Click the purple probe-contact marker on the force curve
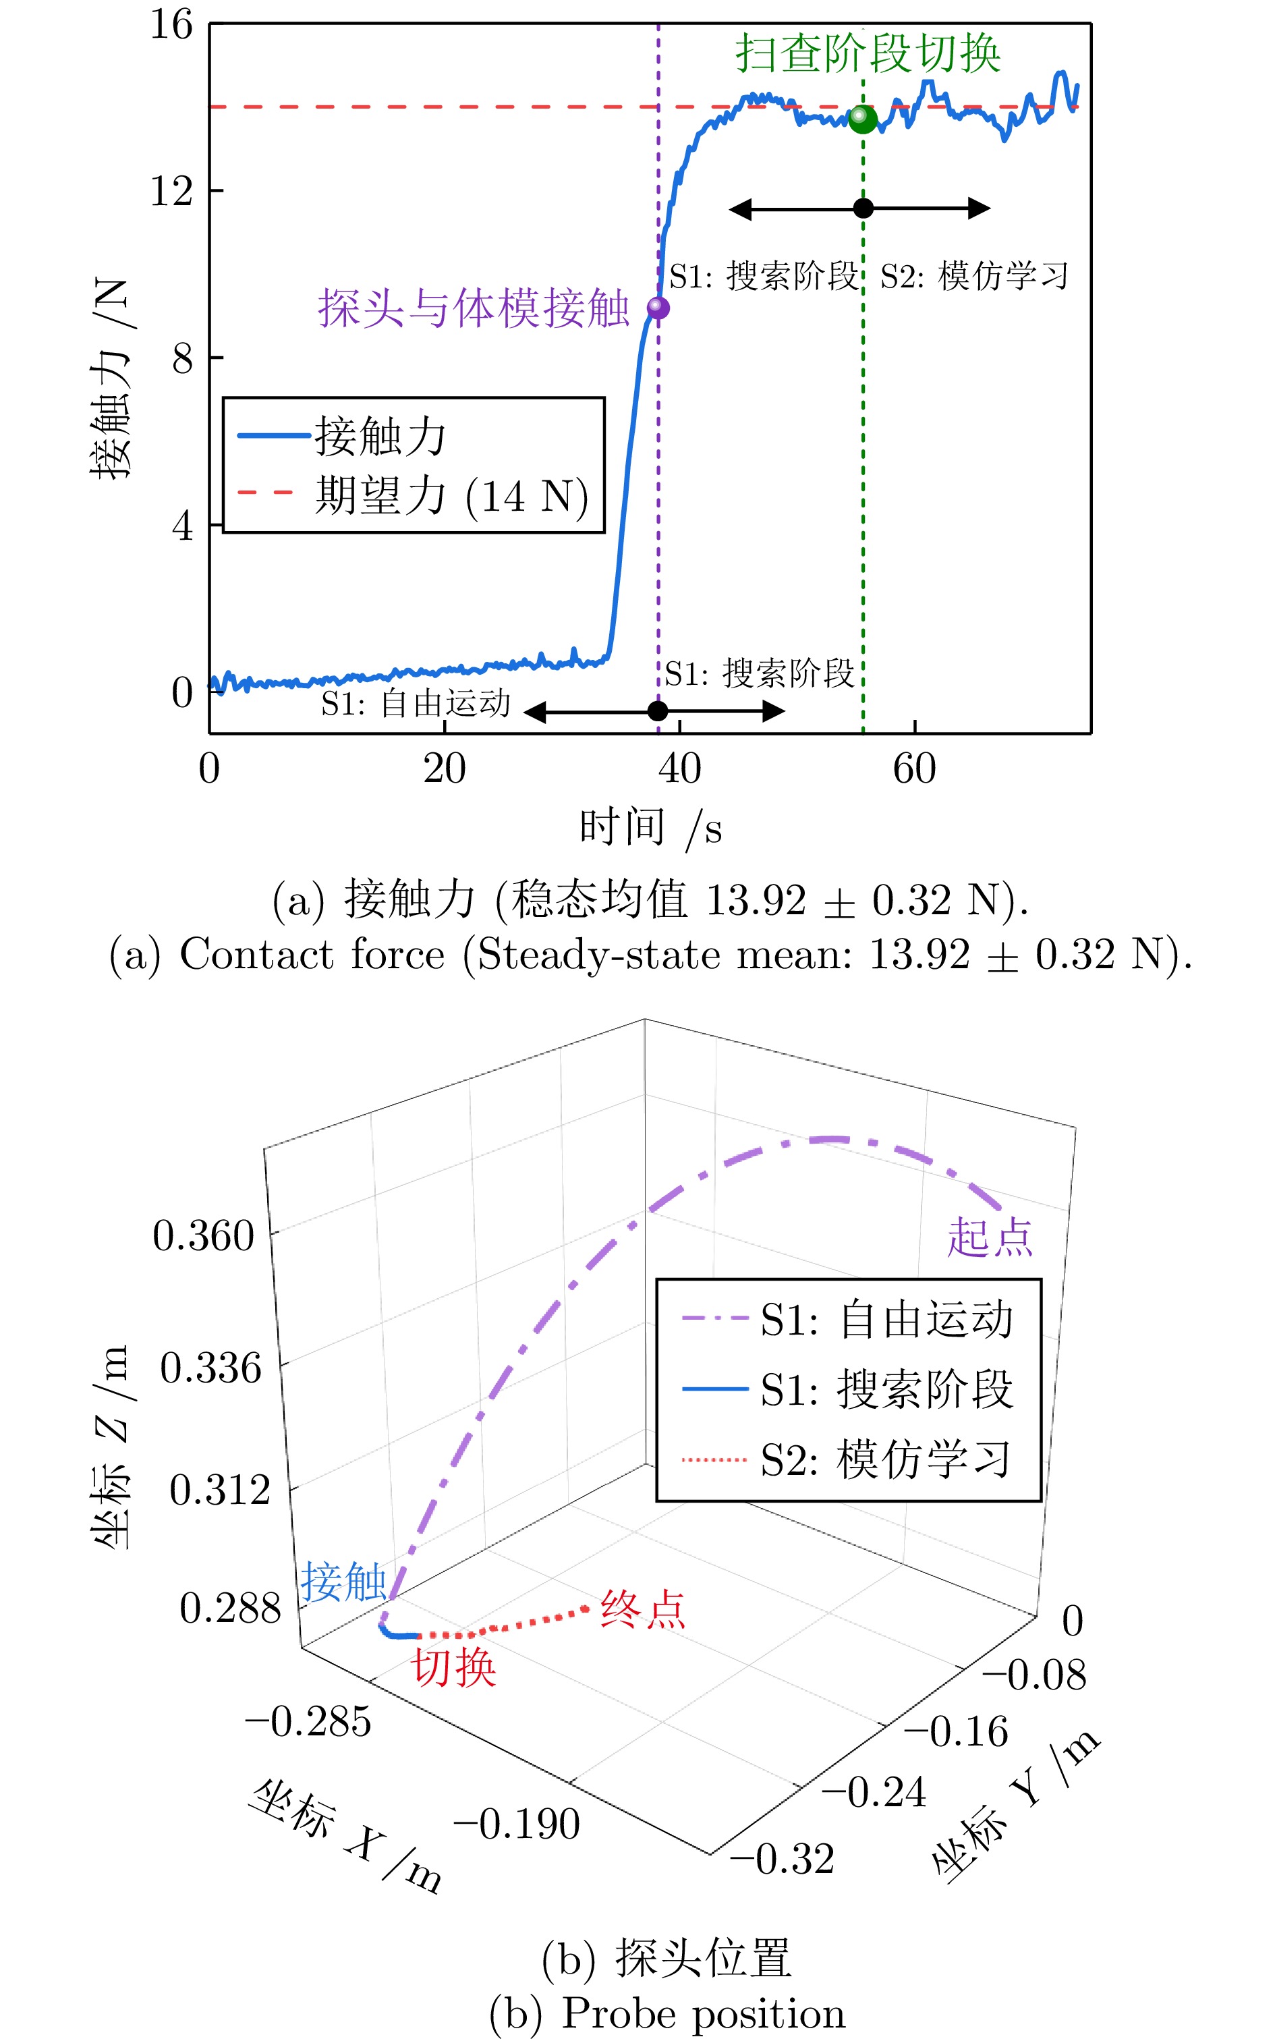click(x=658, y=308)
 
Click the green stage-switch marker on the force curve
click(x=862, y=118)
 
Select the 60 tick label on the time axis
click(x=914, y=769)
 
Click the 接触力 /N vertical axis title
click(x=111, y=379)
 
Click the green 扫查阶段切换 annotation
click(x=868, y=54)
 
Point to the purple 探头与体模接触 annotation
click(x=473, y=308)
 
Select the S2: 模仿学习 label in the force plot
click(x=974, y=277)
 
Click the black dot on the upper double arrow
click(x=863, y=208)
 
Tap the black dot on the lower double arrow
click(x=658, y=711)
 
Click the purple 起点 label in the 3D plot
click(x=989, y=1239)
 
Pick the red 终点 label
click(x=642, y=1609)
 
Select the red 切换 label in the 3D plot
click(x=453, y=1667)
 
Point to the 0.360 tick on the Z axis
click(x=203, y=1237)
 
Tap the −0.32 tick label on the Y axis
click(x=783, y=1860)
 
